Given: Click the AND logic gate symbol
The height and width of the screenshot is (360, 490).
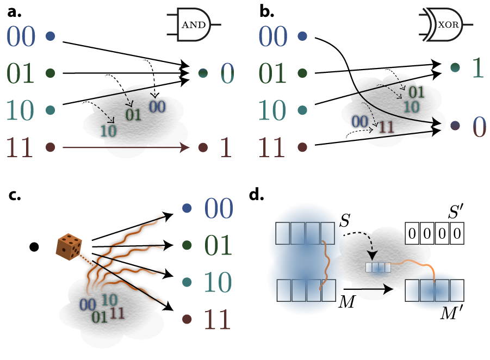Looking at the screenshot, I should pos(194,25).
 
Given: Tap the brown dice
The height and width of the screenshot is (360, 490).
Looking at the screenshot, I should pos(69,246).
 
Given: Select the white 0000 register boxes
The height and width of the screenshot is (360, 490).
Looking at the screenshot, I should pos(435,234).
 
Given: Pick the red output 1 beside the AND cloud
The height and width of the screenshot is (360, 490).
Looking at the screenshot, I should pos(225,148).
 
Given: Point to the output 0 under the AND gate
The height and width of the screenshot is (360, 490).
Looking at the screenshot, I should pos(227,73).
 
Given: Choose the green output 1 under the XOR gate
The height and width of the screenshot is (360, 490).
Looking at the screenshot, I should pos(477,69).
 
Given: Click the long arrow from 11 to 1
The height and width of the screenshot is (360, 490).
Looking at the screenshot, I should pos(125,147).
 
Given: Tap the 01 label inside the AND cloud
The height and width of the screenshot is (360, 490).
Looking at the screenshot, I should pos(133,115).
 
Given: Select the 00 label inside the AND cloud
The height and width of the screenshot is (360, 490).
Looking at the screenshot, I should pos(157,107).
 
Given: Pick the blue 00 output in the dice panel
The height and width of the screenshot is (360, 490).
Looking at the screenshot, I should pos(219,209).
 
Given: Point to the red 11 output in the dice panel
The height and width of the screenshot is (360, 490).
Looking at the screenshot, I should pos(218,320).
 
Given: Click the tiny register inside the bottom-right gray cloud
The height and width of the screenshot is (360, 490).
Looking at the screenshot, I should pos(378,267).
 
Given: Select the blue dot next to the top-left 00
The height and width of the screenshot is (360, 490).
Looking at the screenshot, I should pos(51,36).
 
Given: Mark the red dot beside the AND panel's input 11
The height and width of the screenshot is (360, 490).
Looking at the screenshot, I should pos(51,147).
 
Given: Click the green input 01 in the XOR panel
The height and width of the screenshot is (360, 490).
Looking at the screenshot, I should pos(272,73).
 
